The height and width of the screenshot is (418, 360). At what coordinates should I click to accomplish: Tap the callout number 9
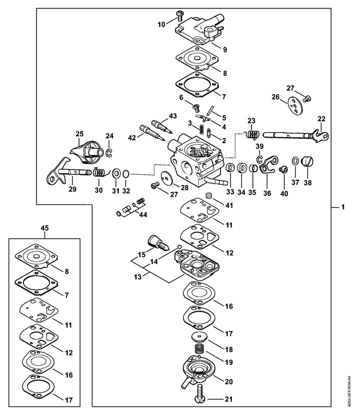point(225,49)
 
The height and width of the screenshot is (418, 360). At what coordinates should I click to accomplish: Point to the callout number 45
point(45,228)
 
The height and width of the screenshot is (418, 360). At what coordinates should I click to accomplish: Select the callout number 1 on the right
point(343,207)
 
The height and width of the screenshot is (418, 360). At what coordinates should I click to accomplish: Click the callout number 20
point(229,382)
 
